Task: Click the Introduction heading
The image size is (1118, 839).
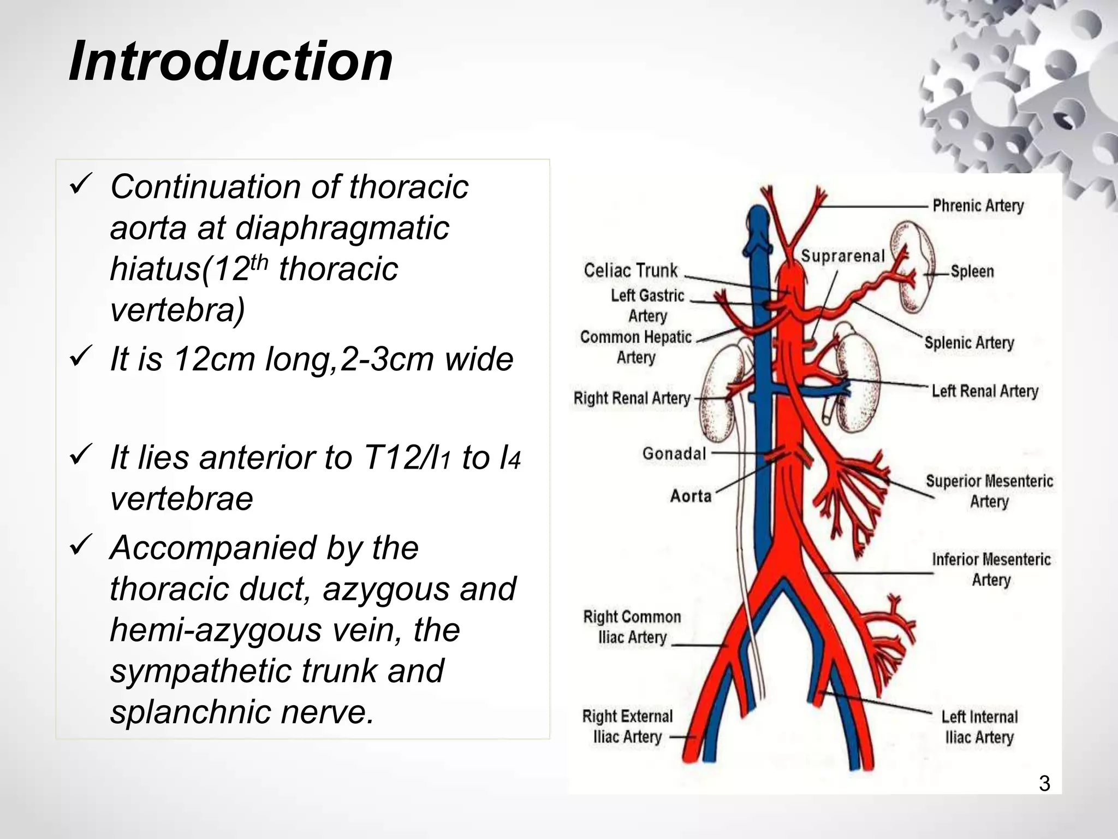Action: point(230,61)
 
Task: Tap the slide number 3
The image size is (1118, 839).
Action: point(1044,783)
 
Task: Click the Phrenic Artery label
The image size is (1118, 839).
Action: point(978,206)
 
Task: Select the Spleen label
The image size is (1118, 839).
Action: point(972,271)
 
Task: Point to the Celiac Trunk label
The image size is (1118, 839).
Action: point(631,270)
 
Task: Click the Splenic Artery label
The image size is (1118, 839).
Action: point(969,343)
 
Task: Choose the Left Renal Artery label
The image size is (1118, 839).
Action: point(984,391)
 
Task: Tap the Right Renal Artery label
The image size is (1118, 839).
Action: point(632,398)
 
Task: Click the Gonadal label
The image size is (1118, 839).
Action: point(674,453)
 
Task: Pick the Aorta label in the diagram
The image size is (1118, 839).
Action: point(691,496)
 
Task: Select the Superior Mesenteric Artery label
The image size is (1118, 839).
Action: point(989,491)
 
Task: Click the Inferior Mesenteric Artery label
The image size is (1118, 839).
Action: point(991,569)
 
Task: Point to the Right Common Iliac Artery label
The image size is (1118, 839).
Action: point(632,627)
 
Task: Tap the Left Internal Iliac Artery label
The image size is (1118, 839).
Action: point(979,727)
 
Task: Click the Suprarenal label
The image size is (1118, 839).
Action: point(842,256)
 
